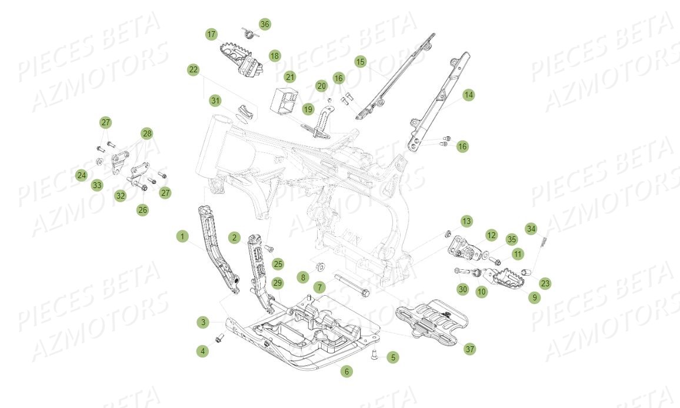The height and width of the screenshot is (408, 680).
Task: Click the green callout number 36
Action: pyautogui.click(x=265, y=24)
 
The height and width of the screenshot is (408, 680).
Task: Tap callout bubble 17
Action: pyautogui.click(x=211, y=34)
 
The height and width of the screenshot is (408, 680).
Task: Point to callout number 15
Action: pyautogui.click(x=361, y=62)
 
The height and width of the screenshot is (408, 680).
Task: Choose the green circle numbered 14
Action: pyautogui.click(x=468, y=95)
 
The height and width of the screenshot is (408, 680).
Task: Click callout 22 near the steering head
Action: pyautogui.click(x=194, y=70)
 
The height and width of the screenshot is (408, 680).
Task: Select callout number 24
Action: pyautogui.click(x=81, y=175)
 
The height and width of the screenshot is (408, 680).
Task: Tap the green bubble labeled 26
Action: pyautogui.click(x=143, y=209)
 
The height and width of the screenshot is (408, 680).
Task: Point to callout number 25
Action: pyautogui.click(x=278, y=264)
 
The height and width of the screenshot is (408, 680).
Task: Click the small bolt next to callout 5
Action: pyautogui.click(x=374, y=354)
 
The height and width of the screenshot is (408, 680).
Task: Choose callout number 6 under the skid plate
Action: pyautogui.click(x=346, y=372)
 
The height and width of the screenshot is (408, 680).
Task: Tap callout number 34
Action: pyautogui.click(x=531, y=228)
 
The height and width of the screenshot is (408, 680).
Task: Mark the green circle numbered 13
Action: pyautogui.click(x=466, y=221)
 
